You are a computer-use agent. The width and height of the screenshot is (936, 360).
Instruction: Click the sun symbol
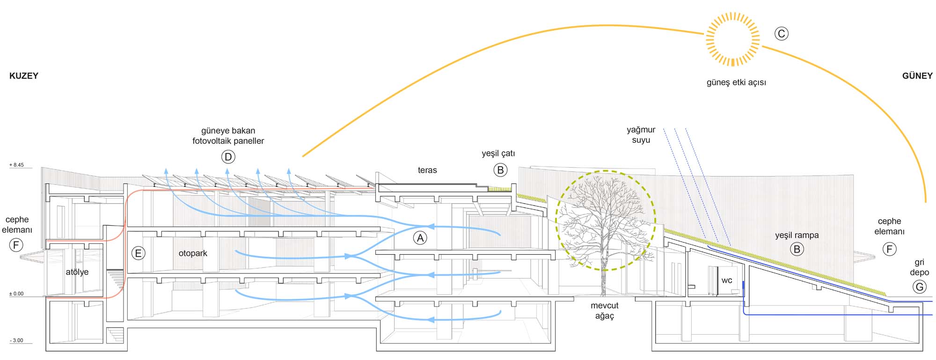tap(732, 39)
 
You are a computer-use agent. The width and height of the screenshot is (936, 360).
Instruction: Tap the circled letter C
tap(781, 34)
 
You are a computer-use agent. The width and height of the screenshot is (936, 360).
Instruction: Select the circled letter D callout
tap(228, 157)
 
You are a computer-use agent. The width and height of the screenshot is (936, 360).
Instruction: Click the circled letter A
tap(420, 238)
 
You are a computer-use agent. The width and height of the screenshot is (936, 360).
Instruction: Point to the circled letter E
tap(138, 253)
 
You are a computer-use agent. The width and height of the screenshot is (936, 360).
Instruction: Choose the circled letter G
tap(919, 287)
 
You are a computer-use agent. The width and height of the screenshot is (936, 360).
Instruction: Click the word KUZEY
tap(24, 76)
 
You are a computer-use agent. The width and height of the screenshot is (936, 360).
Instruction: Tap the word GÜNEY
tap(917, 76)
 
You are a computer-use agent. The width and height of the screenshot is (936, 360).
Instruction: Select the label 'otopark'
tap(193, 253)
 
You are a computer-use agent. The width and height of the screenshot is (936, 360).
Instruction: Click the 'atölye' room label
tap(77, 272)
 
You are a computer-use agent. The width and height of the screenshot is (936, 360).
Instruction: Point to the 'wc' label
tap(726, 280)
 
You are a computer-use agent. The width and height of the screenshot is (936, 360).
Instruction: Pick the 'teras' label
tap(427, 170)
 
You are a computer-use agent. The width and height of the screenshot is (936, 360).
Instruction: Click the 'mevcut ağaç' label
tap(604, 310)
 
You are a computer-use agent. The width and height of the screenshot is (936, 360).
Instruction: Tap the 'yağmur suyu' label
tap(641, 135)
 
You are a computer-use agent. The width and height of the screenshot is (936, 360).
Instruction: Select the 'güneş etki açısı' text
tap(736, 82)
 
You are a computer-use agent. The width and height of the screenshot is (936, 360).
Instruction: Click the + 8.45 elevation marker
tap(16, 165)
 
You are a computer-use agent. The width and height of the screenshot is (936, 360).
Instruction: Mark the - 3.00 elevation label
tap(16, 340)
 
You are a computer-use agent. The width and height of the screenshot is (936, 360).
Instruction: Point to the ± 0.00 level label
tap(16, 294)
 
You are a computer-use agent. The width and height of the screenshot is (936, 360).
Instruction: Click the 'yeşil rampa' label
tap(797, 235)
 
